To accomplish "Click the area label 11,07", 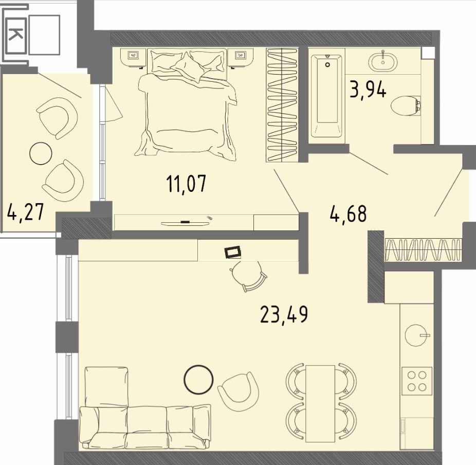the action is point(187,184).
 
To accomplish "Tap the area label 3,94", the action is point(368,90).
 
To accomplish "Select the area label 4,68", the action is point(348,213).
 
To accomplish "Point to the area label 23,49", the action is point(284,315).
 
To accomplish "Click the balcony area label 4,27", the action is point(26,212).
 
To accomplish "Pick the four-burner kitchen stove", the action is point(417,381).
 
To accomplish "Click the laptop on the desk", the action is point(233,253).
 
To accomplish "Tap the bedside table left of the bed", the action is point(134,57).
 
